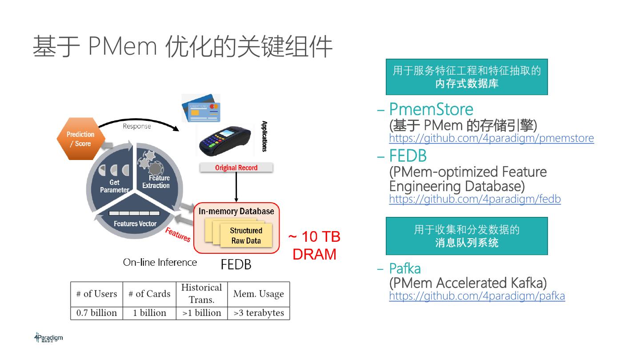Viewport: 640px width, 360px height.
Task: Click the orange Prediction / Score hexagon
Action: click(80, 139)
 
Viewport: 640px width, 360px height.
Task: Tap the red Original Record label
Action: click(236, 168)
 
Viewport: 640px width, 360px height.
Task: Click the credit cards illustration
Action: click(201, 108)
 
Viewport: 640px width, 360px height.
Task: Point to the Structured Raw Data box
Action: click(246, 236)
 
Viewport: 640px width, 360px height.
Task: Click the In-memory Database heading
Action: click(236, 211)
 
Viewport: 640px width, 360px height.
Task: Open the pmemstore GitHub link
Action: click(491, 138)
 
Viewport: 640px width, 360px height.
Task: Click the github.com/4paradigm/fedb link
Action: click(475, 199)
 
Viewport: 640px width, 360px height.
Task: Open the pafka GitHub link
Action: click(477, 296)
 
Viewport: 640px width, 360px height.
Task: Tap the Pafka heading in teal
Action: click(404, 268)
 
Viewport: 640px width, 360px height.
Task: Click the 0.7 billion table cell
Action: click(96, 313)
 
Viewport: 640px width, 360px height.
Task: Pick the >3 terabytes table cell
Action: click(258, 313)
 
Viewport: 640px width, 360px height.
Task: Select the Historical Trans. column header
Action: click(201, 293)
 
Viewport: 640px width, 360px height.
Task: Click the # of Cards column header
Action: click(149, 294)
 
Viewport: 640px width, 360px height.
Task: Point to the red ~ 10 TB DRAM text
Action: click(314, 245)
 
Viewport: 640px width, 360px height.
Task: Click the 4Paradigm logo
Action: click(48, 338)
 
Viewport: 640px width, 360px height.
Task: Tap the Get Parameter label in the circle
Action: click(114, 186)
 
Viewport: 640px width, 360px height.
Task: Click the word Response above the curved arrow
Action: click(137, 126)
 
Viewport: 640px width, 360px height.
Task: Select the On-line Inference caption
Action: click(160, 262)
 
